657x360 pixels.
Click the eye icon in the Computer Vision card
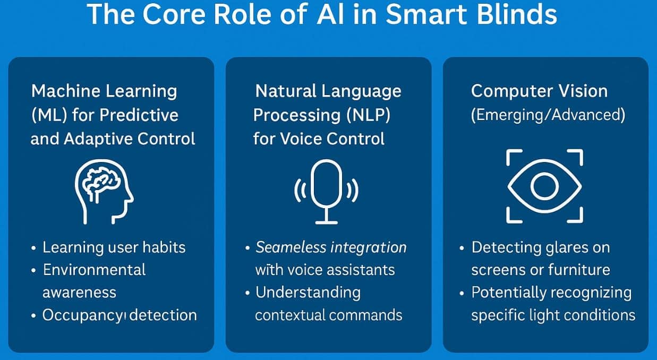544,186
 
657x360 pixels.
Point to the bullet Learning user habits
114,247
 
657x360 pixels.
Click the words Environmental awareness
94,280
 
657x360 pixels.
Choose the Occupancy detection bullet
120,315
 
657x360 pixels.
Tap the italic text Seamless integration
331,247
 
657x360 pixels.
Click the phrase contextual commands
328,315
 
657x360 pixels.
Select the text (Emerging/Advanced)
548,115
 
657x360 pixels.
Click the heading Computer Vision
539,91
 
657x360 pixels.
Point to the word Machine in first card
65,91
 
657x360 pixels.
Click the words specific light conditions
553,315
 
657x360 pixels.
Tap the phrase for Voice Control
319,139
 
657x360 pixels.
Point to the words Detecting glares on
540,247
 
